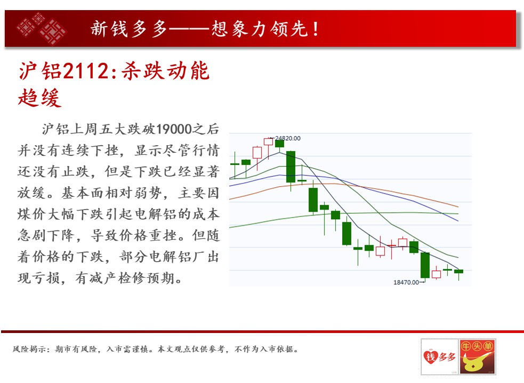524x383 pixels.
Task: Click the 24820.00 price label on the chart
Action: [x=287, y=138]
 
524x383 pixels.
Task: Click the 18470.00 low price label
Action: [x=406, y=282]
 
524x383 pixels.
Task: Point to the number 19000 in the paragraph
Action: [x=174, y=129]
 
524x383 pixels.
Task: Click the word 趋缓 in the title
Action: [x=40, y=98]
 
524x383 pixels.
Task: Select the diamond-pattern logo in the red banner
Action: [x=42, y=28]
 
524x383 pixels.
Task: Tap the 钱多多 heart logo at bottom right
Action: [x=439, y=356]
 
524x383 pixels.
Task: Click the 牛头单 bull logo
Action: [x=477, y=356]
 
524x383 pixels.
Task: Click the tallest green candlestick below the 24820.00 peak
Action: [x=291, y=166]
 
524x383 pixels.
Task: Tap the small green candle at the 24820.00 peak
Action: [x=279, y=144]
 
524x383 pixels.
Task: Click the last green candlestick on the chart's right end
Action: [x=458, y=272]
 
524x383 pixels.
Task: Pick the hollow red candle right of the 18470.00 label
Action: [x=436, y=274]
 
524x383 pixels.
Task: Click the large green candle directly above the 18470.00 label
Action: [x=425, y=265]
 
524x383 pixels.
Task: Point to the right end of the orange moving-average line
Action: [x=458, y=207]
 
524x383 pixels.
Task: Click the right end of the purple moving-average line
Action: [x=458, y=221]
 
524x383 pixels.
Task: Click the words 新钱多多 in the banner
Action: [x=128, y=29]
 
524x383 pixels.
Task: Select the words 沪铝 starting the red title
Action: [x=40, y=71]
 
